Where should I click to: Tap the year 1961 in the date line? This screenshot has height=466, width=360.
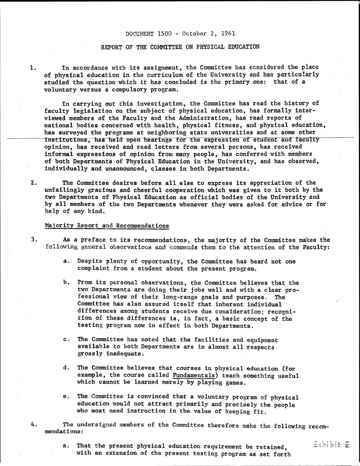(x=228, y=33)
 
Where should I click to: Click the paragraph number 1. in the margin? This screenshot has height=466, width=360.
(x=33, y=68)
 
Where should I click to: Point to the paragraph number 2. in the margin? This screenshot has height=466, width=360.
(x=33, y=183)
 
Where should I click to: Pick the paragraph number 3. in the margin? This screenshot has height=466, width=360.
(x=33, y=240)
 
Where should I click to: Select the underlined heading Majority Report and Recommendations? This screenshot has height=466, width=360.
(x=107, y=226)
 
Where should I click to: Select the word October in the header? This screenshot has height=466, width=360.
(x=194, y=33)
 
